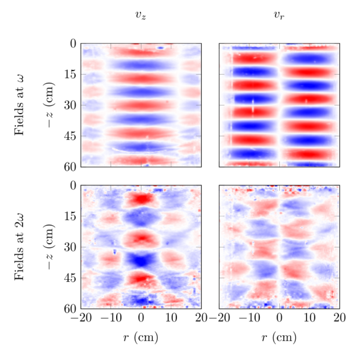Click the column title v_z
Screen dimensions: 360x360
tap(141, 16)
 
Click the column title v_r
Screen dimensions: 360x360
tap(279, 16)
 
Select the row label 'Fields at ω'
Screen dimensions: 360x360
tap(19, 105)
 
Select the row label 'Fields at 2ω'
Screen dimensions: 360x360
tap(19, 247)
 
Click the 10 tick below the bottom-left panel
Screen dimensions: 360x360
tap(171, 318)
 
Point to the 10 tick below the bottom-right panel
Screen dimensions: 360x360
tap(309, 318)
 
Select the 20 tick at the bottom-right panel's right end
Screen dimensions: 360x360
tap(339, 318)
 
